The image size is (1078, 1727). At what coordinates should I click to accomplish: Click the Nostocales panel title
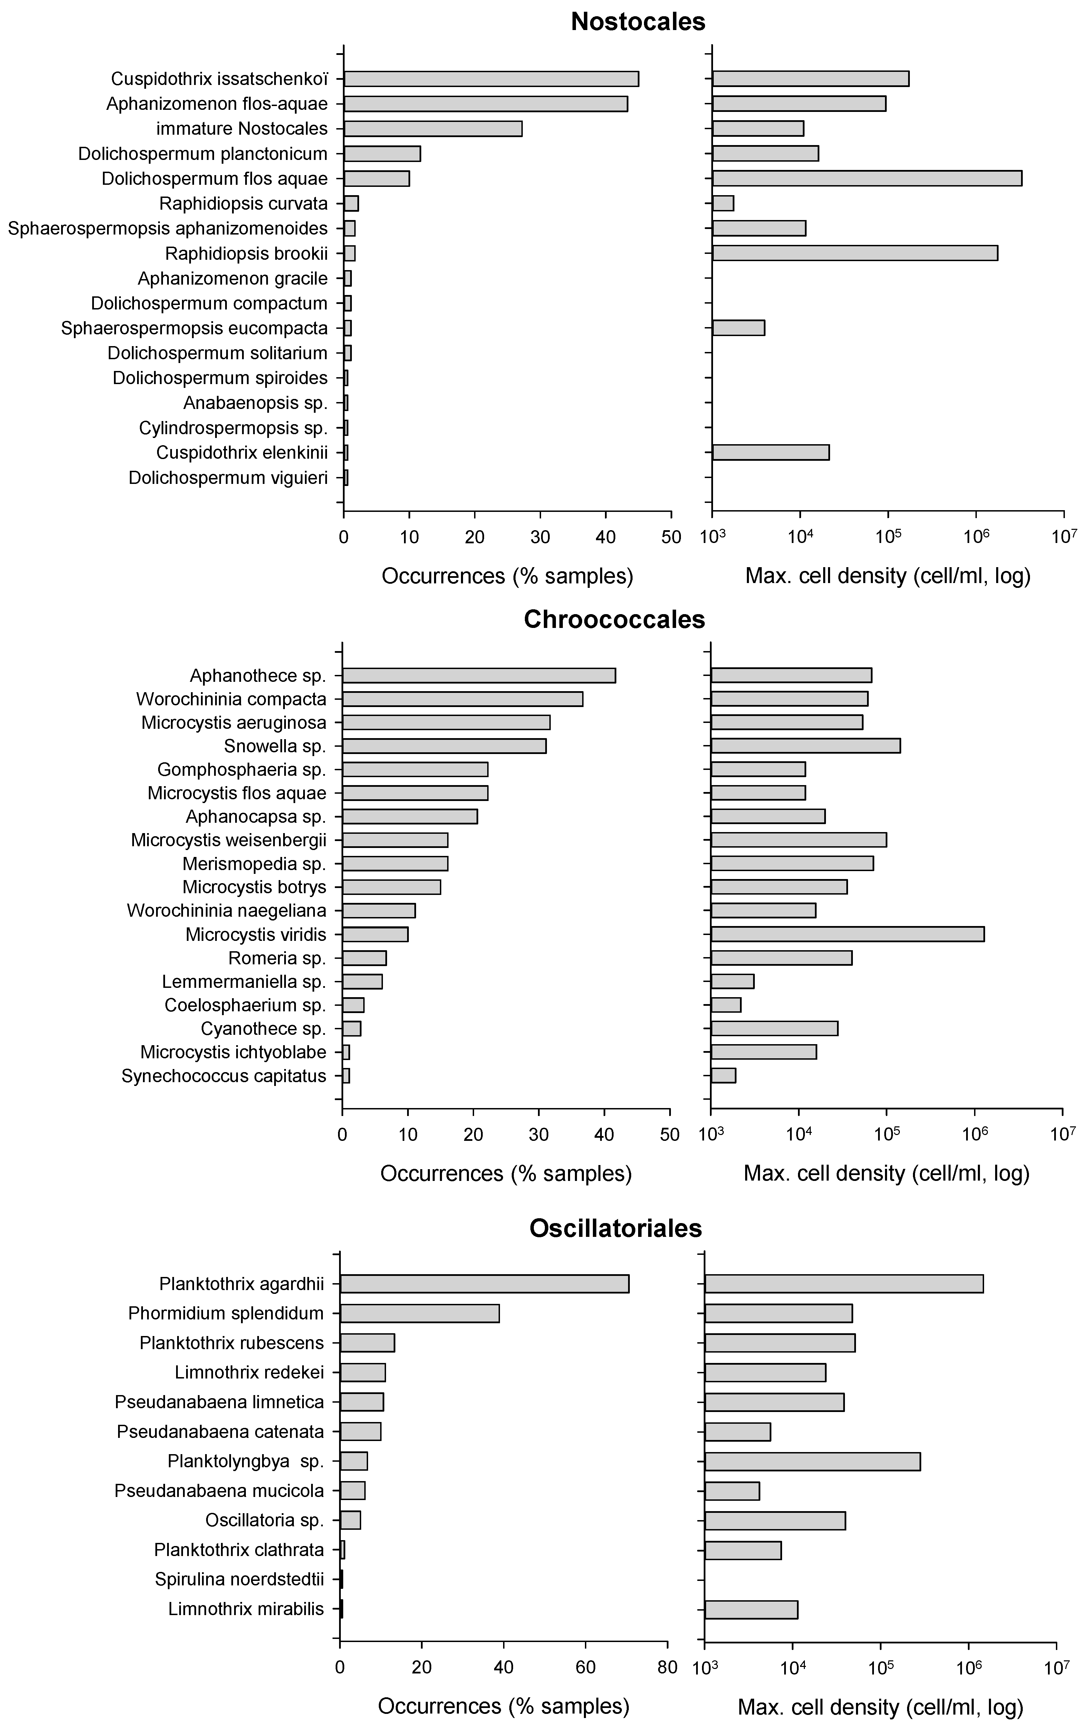tap(638, 21)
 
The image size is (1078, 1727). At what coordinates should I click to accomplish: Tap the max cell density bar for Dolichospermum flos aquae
tap(867, 178)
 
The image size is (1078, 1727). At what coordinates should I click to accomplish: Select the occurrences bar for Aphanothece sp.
tap(479, 675)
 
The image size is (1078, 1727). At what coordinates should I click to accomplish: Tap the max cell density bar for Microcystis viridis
tap(848, 934)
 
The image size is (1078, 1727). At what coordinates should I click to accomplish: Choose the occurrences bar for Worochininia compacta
tap(463, 699)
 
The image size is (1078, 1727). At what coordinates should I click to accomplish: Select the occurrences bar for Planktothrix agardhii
tap(485, 1284)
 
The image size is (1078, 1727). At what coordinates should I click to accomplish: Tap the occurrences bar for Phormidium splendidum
tap(420, 1314)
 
